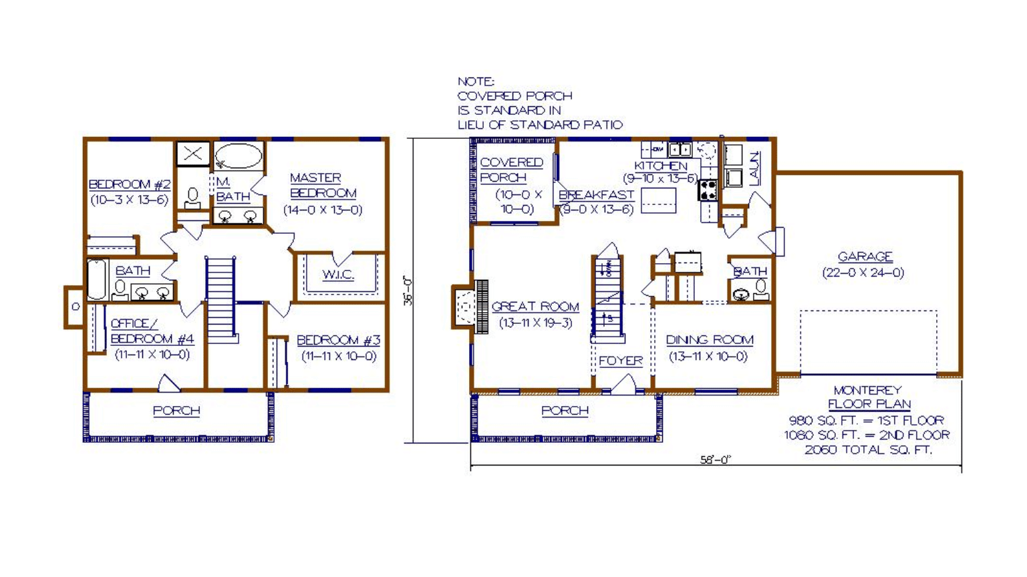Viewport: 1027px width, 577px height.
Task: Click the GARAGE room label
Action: click(865, 256)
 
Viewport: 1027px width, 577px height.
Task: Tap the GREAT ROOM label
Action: click(535, 307)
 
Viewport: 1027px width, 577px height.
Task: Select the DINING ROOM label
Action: click(709, 340)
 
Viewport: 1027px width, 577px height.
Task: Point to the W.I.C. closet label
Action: click(338, 275)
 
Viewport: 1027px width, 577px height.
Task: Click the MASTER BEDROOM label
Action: click(323, 185)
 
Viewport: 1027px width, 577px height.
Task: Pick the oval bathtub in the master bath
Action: click(239, 156)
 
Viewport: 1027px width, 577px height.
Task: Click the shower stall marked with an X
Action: click(193, 154)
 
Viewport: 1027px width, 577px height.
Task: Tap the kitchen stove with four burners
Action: click(708, 190)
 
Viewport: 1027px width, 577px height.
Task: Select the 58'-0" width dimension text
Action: click(715, 459)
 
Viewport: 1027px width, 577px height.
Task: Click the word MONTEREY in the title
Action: click(867, 391)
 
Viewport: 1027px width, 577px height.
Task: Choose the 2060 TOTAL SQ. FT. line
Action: click(868, 450)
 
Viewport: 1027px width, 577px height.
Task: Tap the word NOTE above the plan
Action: click(476, 82)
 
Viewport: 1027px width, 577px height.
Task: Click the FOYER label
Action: click(620, 361)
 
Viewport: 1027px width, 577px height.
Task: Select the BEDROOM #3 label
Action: click(338, 341)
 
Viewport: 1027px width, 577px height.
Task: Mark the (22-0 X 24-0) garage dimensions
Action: click(863, 273)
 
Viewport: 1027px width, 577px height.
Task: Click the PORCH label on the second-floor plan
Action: click(176, 411)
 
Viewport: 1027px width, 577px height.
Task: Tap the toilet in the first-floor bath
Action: click(761, 291)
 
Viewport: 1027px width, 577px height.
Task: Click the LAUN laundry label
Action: click(754, 168)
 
